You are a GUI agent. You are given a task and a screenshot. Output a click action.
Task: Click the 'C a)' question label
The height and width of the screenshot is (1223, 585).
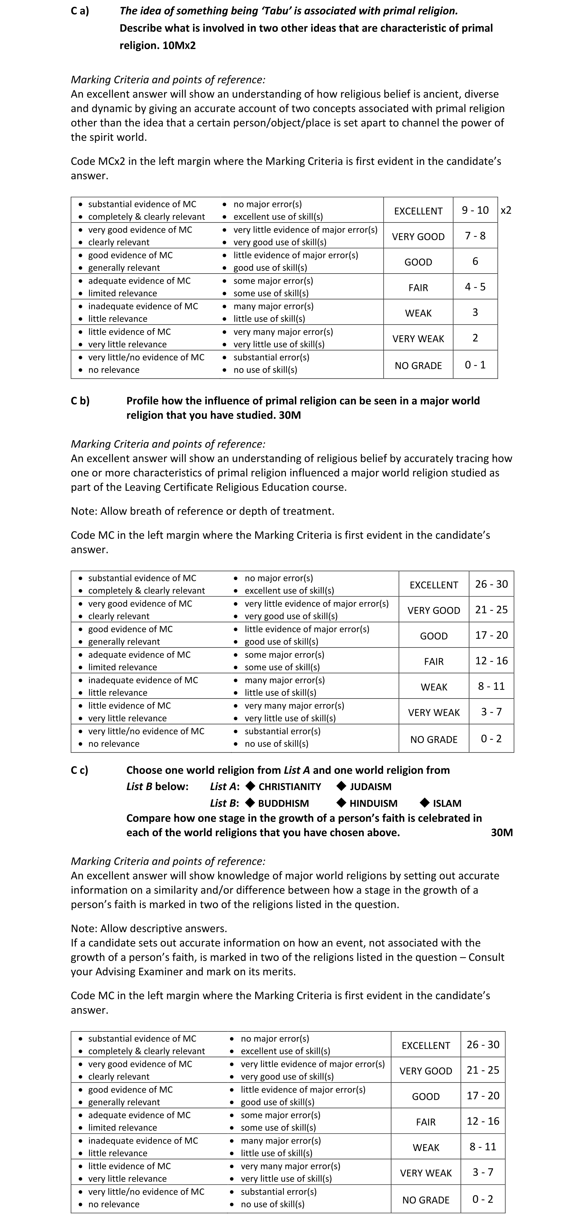(80, 11)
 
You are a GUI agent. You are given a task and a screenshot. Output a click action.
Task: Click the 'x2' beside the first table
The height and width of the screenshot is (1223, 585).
(506, 210)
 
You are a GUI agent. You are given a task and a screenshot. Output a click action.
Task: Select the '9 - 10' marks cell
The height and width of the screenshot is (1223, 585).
(475, 210)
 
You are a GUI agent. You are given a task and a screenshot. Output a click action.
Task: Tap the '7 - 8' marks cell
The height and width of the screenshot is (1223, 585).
(475, 236)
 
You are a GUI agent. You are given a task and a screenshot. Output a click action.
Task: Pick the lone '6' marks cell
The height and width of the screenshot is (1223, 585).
(475, 262)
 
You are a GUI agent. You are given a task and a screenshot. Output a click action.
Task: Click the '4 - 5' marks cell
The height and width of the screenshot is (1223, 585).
(475, 287)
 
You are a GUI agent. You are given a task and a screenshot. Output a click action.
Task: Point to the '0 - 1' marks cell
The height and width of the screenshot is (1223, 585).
(475, 365)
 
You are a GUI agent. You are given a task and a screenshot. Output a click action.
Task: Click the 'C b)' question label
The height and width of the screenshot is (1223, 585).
(80, 401)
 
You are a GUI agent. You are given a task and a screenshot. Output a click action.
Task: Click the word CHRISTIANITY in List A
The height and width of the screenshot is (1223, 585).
(290, 787)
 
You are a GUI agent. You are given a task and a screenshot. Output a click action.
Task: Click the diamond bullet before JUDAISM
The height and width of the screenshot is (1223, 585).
(341, 786)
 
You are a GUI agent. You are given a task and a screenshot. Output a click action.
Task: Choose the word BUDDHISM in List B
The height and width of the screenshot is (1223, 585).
(283, 803)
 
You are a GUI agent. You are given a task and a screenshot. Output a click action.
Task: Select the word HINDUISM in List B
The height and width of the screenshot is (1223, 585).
(373, 803)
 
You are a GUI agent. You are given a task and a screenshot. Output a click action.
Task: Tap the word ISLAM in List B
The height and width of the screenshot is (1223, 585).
(447, 803)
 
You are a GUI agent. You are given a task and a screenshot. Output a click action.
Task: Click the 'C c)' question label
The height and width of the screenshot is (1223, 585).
(80, 770)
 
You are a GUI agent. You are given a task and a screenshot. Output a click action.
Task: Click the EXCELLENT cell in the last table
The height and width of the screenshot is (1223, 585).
(425, 1046)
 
